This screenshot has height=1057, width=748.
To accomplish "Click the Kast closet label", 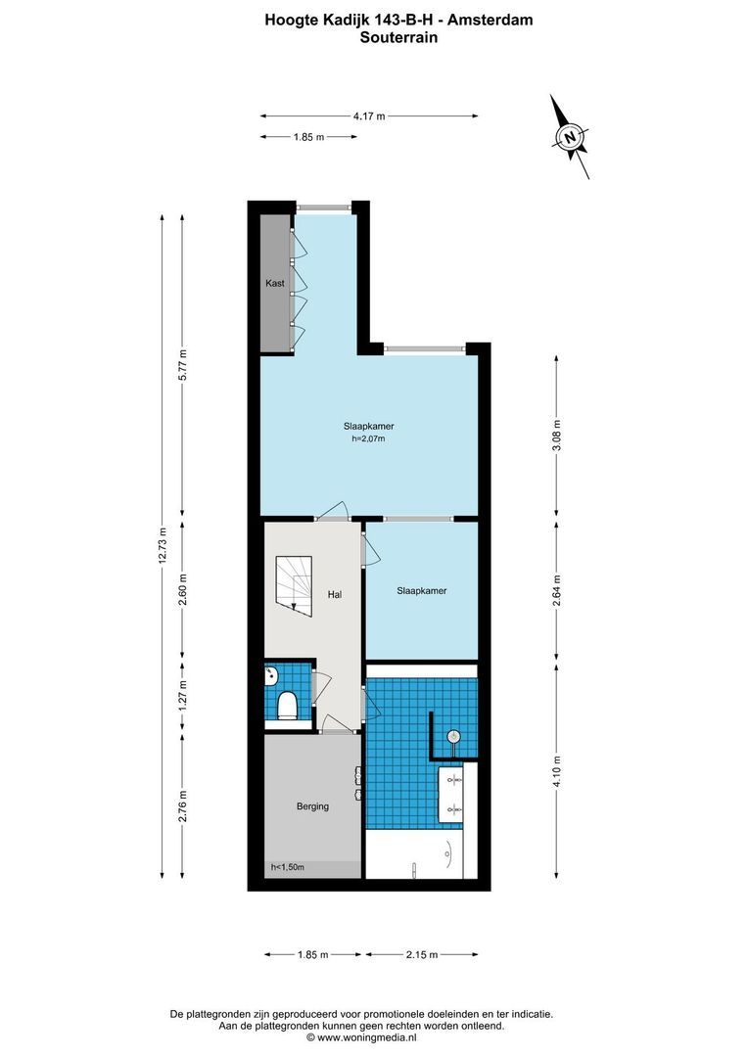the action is coord(274,284).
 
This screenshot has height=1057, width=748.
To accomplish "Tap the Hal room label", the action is coord(335,595).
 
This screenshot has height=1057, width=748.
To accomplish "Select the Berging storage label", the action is coord(313,806).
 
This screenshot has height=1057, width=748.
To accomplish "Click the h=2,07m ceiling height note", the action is coord(368,438).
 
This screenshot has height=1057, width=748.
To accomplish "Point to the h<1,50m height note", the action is coord(287,867).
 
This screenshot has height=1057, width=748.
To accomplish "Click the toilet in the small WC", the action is coord(287,705).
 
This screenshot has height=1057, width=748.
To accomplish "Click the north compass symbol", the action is coord(571,137).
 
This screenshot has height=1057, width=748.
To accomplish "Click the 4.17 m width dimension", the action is coord(370,115).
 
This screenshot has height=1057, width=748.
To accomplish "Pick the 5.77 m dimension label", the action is coord(182,365).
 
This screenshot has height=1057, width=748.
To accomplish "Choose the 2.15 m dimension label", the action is coord(422,954).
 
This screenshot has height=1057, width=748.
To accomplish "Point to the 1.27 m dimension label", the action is coord(182,693).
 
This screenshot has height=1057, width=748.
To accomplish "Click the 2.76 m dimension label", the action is coord(182,806).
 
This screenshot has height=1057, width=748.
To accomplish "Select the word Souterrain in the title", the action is coord(398,38).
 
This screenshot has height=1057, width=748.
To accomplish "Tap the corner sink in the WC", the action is coord(270,673).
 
